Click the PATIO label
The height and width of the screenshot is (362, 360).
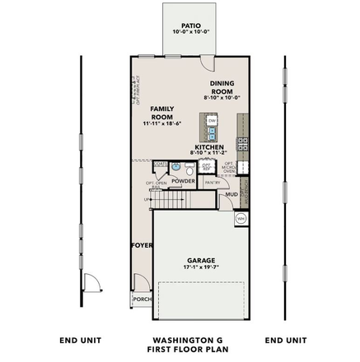[191, 26]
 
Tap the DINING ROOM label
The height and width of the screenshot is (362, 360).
[222, 87]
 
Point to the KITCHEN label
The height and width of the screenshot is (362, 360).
[208, 147]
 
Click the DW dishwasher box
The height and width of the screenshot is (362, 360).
[212, 121]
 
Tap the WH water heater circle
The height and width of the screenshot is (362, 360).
[241, 218]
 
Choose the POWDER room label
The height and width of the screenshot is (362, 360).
[183, 180]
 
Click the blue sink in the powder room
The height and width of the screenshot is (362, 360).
[175, 167]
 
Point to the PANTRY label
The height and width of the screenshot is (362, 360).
[212, 180]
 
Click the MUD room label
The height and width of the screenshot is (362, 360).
[232, 195]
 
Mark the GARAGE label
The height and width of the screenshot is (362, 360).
[200, 260]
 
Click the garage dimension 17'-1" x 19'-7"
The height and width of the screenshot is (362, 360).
[200, 267]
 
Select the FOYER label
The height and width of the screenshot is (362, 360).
[142, 245]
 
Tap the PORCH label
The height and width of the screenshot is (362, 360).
[142, 299]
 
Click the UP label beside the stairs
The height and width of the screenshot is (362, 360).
[147, 199]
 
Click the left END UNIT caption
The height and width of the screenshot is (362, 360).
[81, 340]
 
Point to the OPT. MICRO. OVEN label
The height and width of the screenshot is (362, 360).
[228, 168]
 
